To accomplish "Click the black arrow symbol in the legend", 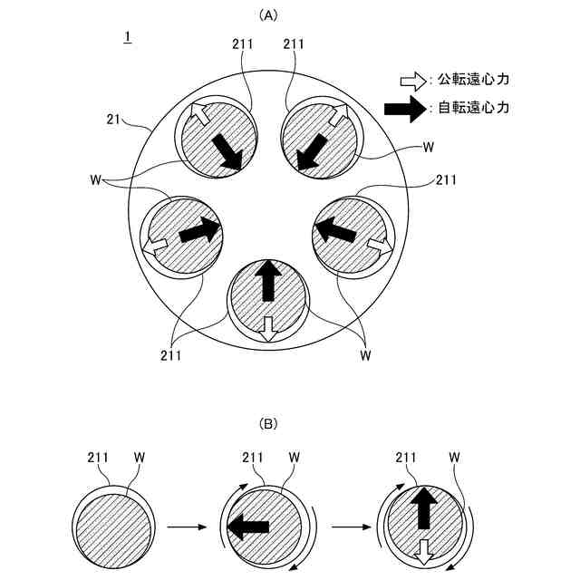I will pyautogui.click(x=405, y=108).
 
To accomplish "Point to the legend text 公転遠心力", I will pyautogui.click(x=473, y=80).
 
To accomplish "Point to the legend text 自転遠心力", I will pyautogui.click(x=473, y=108).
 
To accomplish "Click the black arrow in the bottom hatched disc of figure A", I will pyautogui.click(x=267, y=281).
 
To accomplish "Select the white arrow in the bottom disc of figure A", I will pyautogui.click(x=267, y=329).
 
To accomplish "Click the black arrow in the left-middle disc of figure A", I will pyautogui.click(x=199, y=230).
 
